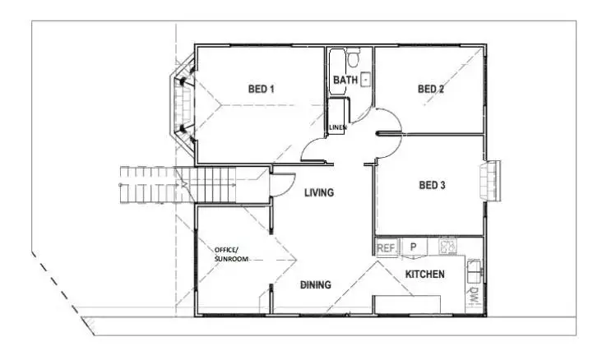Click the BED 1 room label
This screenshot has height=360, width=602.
(x=261, y=89)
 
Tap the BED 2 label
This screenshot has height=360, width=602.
(x=431, y=89)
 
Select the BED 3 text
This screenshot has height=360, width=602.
(x=432, y=186)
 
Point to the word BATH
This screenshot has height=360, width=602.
(x=345, y=80)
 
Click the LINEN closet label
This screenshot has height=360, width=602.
(x=337, y=128)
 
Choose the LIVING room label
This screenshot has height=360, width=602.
(x=319, y=193)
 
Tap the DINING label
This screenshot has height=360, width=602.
(x=315, y=285)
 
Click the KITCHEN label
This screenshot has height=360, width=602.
(x=424, y=274)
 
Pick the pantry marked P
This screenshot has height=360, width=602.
(x=414, y=247)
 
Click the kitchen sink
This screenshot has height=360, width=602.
(x=475, y=266)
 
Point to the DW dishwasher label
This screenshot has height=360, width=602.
(x=475, y=297)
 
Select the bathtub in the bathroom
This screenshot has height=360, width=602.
(x=336, y=74)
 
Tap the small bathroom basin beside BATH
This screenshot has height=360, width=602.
(x=366, y=80)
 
